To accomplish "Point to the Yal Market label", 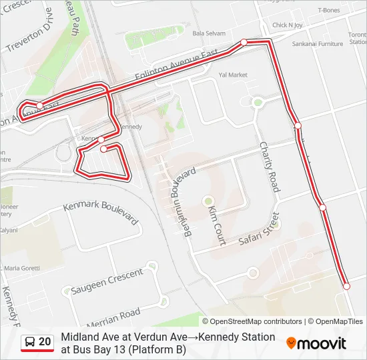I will coord(233,75).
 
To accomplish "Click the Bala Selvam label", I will coord(208,33).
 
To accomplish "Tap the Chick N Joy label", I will coord(287,25).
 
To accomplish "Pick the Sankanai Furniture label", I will coord(317,44).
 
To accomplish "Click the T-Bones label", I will coord(328,10).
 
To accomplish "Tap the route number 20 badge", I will coord(45,341).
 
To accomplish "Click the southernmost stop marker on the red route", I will coord(346,286).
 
